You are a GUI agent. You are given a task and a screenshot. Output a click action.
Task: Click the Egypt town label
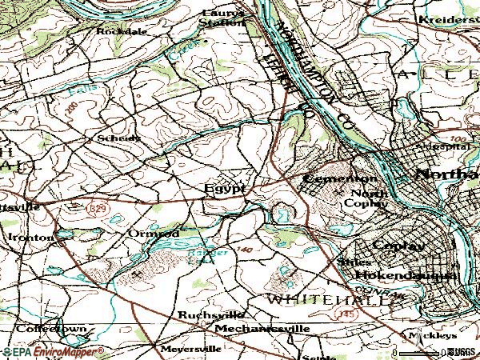click(224, 190)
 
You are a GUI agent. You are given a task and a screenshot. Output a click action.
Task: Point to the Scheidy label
click(119, 138)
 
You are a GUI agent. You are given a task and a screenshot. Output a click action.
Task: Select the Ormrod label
click(153, 233)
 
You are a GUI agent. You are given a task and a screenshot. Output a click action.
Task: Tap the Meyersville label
click(190, 349)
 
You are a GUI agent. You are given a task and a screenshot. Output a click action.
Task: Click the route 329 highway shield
click(94, 207)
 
